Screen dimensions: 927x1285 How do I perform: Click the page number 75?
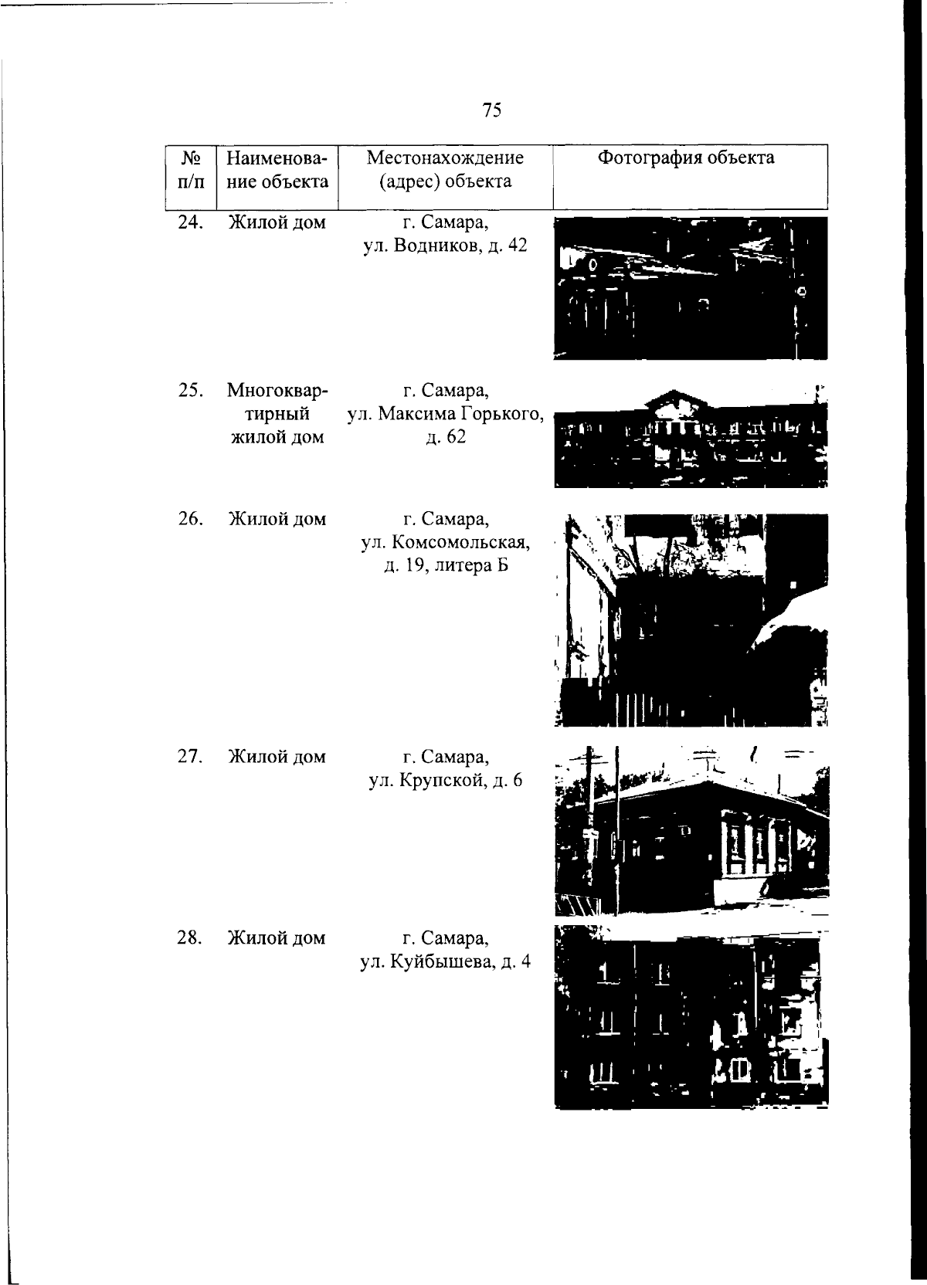[492, 110]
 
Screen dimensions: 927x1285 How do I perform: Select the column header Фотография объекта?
[686, 158]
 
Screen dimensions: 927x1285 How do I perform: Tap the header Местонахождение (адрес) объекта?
[446, 169]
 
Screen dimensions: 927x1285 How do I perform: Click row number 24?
[191, 222]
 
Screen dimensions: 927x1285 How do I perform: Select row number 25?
[191, 390]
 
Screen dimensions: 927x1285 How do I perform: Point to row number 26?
[191, 519]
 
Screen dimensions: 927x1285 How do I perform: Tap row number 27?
[191, 757]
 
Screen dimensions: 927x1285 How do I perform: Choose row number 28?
[191, 938]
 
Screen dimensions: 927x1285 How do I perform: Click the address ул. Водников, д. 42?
[446, 246]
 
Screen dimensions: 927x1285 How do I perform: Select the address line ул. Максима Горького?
[446, 414]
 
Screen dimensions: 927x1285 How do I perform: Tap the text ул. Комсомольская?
[446, 543]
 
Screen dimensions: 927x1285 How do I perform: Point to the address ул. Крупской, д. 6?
[446, 780]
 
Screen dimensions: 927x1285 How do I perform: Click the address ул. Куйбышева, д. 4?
[446, 961]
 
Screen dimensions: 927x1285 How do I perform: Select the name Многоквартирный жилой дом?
[277, 414]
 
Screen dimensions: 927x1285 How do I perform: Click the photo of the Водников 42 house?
[691, 288]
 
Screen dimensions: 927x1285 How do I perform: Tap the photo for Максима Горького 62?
[691, 439]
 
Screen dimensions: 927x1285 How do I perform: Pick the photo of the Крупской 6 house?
[691, 830]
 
